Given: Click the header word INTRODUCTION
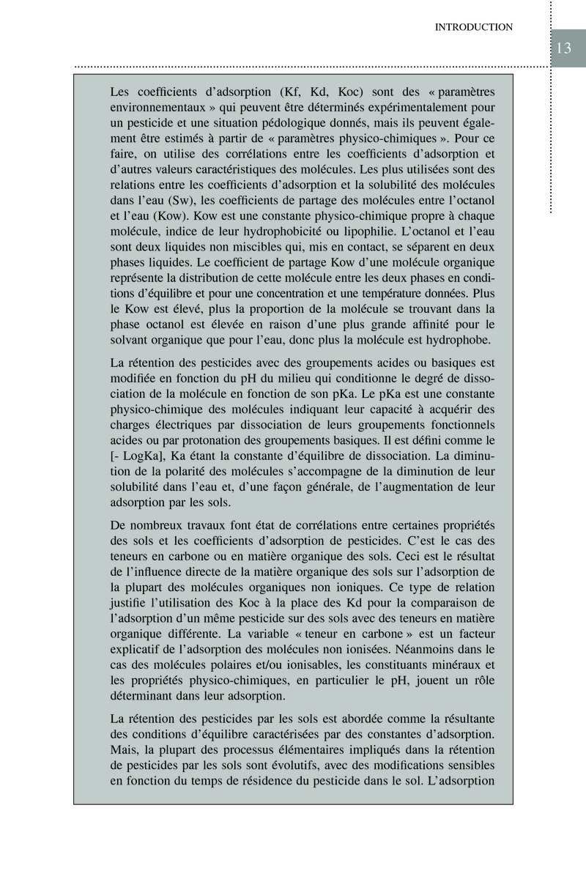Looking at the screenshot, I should click(473, 27).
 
